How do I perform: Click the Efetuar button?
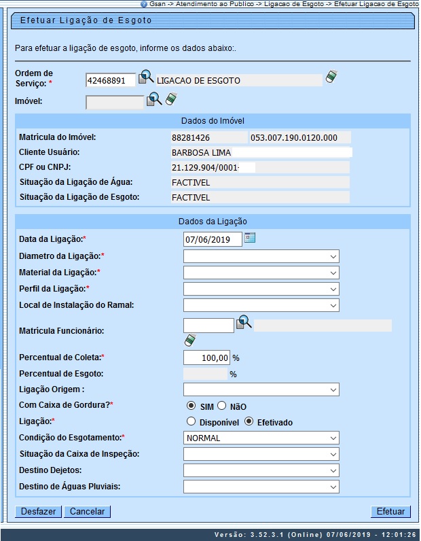point(390,512)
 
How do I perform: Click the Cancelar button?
point(87,512)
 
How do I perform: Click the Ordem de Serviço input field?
point(111,80)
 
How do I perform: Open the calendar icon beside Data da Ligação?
point(250,238)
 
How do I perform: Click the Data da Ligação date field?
point(213,239)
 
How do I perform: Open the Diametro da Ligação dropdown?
point(261,256)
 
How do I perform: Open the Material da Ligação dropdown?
point(261,273)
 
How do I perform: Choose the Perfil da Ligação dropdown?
point(261,289)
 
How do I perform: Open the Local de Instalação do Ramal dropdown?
point(261,305)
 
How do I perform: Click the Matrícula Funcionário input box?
point(208,326)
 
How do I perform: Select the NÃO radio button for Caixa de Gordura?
point(222,406)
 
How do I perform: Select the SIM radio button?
point(191,406)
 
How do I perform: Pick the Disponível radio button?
point(191,422)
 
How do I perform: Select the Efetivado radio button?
point(249,422)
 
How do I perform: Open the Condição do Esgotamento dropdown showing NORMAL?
point(261,438)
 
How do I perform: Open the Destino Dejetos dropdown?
point(261,470)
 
